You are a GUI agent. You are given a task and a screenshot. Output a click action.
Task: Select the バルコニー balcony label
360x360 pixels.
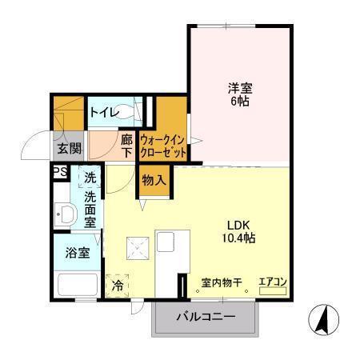point(206,318)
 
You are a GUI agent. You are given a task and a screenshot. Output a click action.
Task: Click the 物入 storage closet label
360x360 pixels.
point(154,181)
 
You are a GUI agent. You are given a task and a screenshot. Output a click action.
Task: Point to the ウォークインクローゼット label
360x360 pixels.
point(163,145)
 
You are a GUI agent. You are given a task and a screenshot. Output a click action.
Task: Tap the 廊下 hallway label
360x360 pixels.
point(126,144)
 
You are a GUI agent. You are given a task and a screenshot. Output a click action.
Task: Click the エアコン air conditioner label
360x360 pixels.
point(273,282)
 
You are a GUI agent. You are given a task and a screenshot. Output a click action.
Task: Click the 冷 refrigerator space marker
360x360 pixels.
point(117,284)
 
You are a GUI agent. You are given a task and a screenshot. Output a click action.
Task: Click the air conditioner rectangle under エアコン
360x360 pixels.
point(273,291)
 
